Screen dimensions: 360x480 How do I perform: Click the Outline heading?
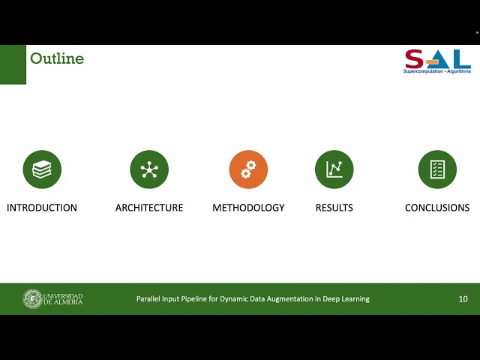57,58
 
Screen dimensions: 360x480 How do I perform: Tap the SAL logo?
437,58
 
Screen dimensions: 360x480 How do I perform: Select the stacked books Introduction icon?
42,169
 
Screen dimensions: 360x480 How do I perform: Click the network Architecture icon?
149,169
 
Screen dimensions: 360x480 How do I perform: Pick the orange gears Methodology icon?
248,169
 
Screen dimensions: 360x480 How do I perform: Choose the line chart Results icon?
334,169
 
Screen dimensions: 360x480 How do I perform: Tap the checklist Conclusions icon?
437,169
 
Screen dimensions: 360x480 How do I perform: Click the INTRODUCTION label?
42,208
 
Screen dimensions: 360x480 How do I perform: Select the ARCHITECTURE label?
149,208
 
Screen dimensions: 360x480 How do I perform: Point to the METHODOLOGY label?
248,208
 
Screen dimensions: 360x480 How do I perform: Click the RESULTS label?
334,208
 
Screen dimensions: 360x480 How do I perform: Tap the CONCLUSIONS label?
437,208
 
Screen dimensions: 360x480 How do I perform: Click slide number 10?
463,298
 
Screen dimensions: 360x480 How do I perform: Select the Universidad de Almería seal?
32,298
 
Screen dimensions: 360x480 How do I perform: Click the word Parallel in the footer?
148,298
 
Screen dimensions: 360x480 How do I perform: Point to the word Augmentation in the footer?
289,298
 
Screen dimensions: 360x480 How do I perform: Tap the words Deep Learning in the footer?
347,298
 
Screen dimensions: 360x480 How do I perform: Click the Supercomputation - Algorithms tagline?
437,70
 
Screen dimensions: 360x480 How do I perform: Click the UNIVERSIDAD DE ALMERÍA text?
63,298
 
